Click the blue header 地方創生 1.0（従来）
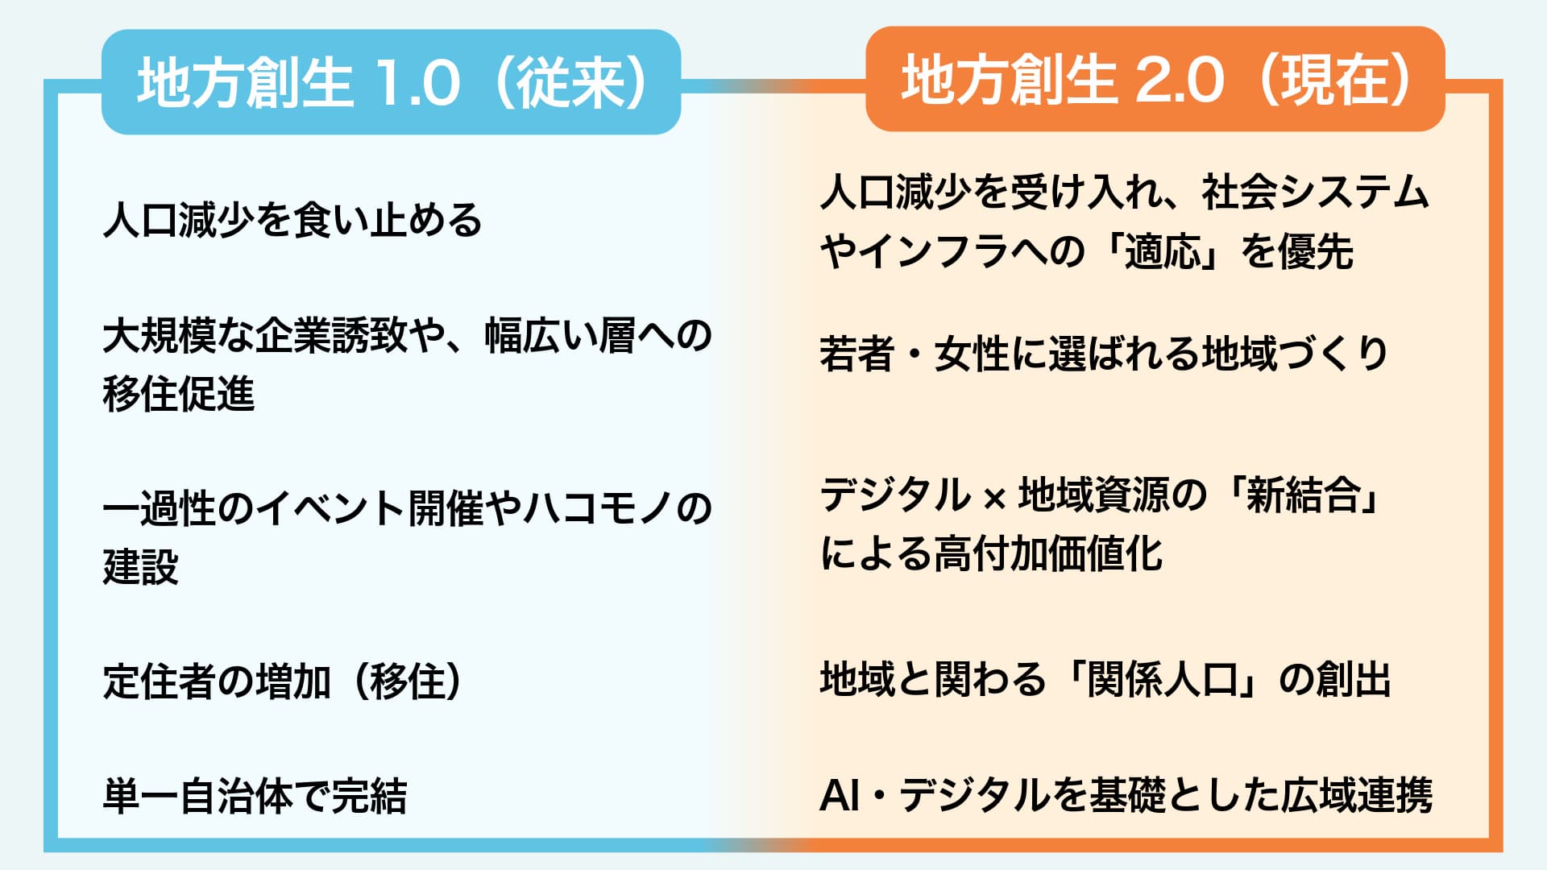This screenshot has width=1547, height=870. pos(392,82)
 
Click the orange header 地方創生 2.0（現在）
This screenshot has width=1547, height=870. pos(1155,79)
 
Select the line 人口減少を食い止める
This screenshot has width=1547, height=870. pos(292,220)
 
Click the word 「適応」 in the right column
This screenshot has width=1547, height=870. pos(1164,252)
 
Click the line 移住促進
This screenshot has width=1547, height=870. pos(179,393)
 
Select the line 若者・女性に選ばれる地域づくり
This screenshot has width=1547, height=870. pos(1104,353)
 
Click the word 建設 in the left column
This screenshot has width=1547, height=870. pos(141,565)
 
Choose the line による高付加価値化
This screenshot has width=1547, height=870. pos(991,553)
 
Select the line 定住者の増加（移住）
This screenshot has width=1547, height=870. pos(283,681)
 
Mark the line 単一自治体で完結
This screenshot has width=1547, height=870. pos(255,796)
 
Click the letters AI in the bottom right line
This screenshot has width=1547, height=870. pos(840,795)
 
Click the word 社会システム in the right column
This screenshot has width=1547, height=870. pos(1315,193)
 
